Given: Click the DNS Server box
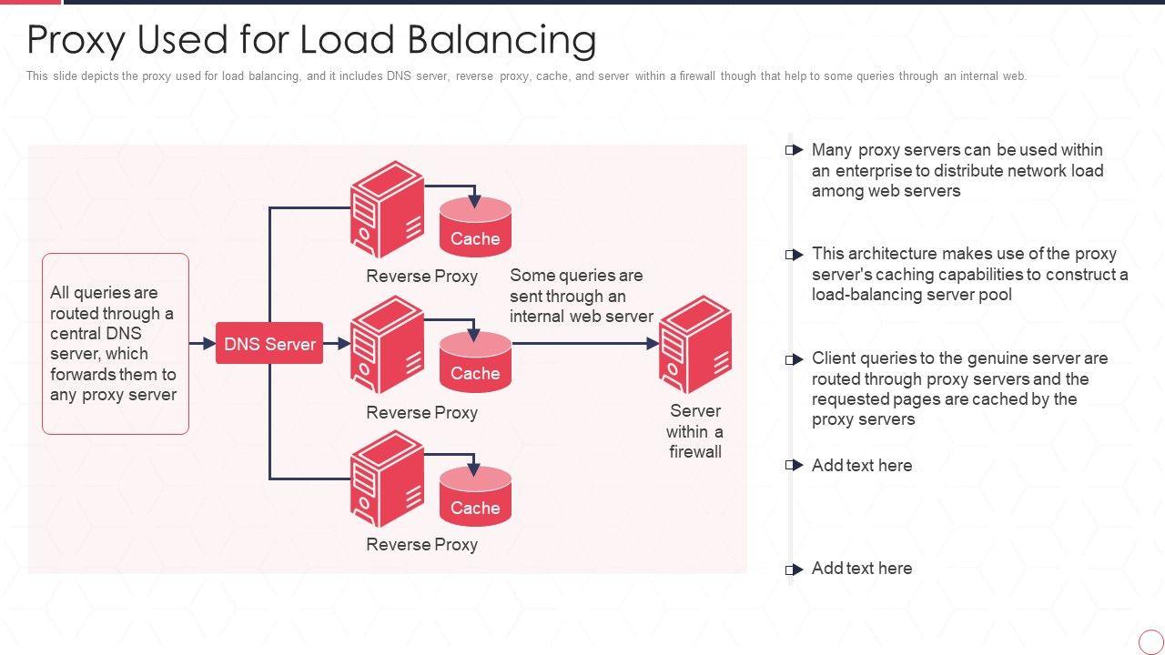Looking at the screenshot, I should coord(269,344).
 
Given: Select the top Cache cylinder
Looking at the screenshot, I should coord(475,227).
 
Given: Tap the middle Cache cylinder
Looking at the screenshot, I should coord(475,362).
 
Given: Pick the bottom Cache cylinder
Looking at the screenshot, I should coord(475,497).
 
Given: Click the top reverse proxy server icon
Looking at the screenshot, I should coord(388,209).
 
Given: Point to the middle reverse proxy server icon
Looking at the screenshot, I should coord(388,344).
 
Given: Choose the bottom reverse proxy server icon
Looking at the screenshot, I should coord(388,479).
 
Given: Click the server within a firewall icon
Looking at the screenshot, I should coord(695,344).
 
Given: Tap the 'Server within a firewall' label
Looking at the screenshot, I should coord(695,431).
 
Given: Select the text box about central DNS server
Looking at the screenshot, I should coord(116,344).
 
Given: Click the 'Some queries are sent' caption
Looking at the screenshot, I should coord(581,296).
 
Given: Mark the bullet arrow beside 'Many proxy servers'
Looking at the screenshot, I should coord(795,150).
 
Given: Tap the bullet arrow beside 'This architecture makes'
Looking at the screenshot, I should coord(795,255).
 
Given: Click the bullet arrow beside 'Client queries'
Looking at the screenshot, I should coord(795,359).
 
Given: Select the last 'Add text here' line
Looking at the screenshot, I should coord(861,569).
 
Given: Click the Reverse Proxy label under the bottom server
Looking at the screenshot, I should coord(421,545).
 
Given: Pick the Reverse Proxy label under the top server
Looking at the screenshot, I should coord(421,277).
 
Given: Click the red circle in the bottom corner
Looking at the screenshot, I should coord(1150,640).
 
